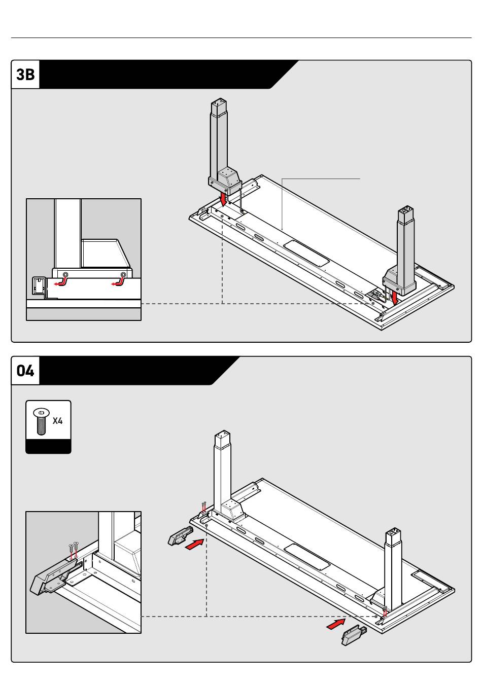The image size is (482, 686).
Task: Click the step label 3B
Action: (x=25, y=75)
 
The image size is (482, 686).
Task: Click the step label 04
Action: (x=25, y=371)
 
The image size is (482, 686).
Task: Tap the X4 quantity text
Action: (x=58, y=421)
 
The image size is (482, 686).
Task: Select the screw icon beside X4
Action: (x=42, y=421)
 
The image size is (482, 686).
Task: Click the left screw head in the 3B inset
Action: (x=65, y=274)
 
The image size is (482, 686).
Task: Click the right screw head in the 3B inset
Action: (x=123, y=274)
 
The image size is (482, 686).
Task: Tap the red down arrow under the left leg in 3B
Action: (x=224, y=199)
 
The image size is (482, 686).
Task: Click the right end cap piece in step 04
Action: (x=354, y=635)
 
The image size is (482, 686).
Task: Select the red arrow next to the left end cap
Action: (x=195, y=545)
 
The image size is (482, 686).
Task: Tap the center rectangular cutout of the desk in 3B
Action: (x=306, y=254)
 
